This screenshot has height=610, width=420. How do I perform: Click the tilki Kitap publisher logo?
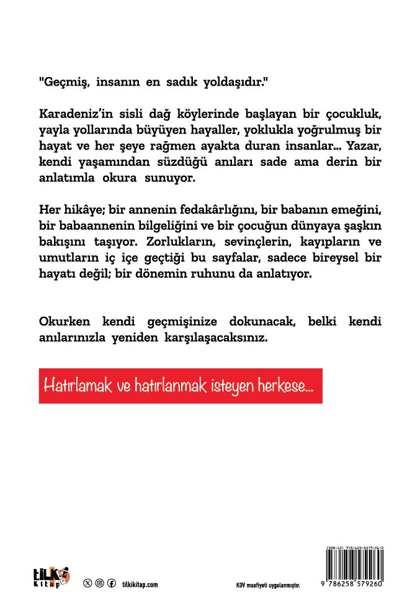coord(50,577)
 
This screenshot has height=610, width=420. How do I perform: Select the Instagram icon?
coord(99,583)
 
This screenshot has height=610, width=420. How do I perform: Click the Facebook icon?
coord(112,583)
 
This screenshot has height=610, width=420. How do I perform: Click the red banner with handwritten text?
coord(181,385)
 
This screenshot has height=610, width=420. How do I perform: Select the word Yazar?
coord(364,148)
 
